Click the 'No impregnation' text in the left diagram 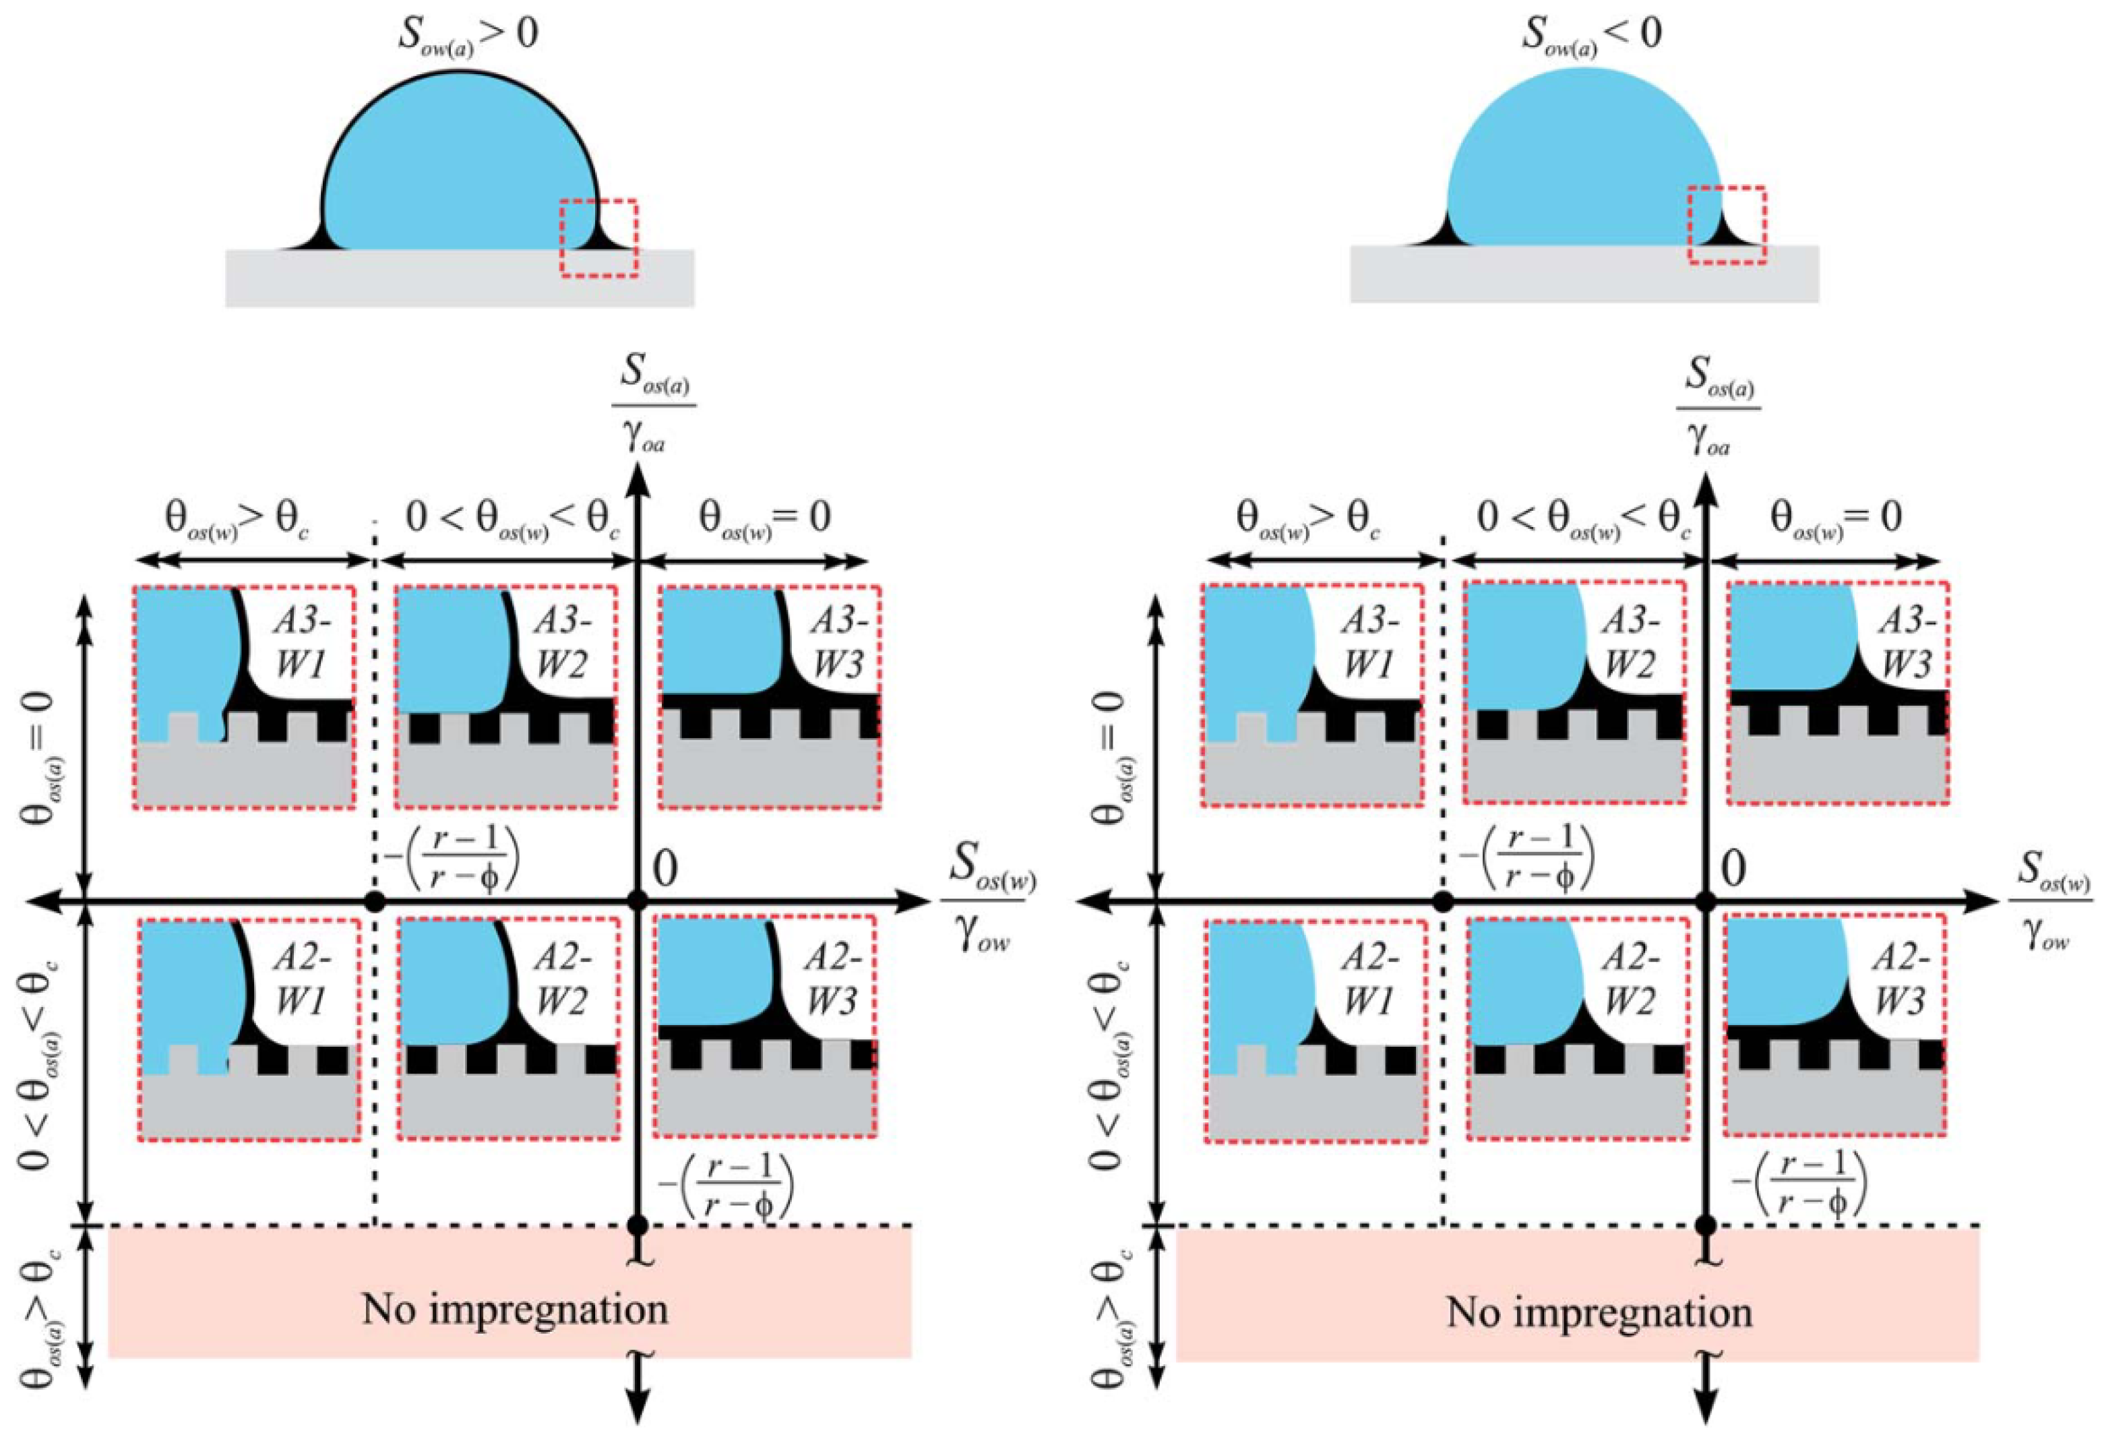click(515, 1309)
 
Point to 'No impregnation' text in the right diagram click(1599, 1312)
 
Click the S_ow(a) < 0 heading click(1591, 34)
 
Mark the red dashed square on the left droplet click(598, 237)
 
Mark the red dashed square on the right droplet click(1727, 225)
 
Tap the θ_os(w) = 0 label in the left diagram click(765, 518)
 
